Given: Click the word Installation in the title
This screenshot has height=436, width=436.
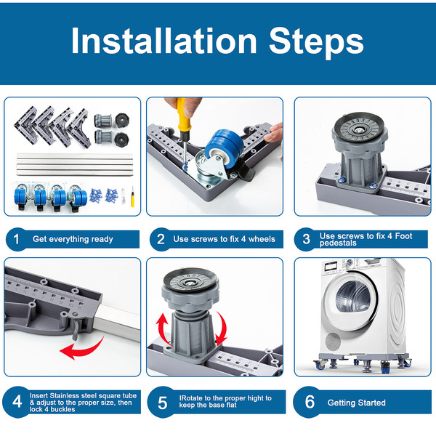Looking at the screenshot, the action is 163,41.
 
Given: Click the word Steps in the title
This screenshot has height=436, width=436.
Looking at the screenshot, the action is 316,43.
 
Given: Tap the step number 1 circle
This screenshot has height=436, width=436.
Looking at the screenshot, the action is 17,239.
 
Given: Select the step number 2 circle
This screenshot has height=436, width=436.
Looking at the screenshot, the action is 161,239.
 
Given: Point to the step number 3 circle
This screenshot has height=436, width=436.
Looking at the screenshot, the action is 306,239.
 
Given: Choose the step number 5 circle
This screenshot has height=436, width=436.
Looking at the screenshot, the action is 162,402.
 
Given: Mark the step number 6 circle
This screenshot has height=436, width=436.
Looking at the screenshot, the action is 310,402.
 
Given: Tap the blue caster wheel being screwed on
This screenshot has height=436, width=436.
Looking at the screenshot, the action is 223,148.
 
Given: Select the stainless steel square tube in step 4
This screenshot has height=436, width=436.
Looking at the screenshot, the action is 118,321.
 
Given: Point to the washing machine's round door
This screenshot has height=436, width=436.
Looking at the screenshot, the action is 351,302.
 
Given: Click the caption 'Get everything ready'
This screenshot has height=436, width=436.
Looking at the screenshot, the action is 73,239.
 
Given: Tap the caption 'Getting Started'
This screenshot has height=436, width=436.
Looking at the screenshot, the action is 357,403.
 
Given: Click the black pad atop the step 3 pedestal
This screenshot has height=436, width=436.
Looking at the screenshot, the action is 360,126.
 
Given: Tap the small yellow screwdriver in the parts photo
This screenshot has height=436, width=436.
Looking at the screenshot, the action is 133,197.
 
